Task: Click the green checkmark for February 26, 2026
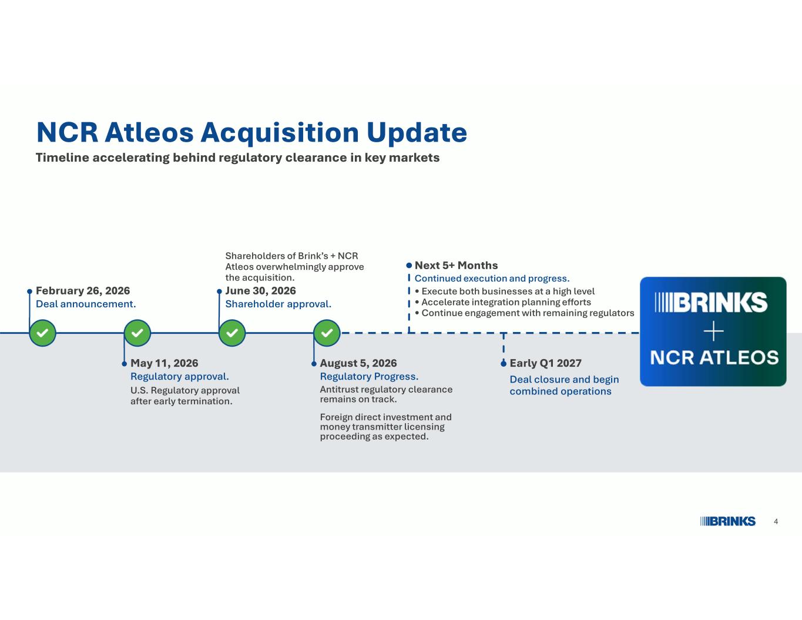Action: click(42, 333)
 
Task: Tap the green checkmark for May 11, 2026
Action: click(137, 333)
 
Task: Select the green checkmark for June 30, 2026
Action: click(232, 333)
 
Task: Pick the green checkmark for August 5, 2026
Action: click(327, 333)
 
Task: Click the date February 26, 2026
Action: click(83, 291)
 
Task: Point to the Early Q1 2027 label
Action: click(545, 363)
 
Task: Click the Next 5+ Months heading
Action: click(456, 266)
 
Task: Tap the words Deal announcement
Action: click(86, 304)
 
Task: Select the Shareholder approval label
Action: click(278, 304)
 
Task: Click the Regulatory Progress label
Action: click(369, 377)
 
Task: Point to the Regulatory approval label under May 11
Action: click(180, 377)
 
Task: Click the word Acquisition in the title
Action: click(280, 133)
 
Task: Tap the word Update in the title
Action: click(417, 133)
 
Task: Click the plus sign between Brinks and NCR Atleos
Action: click(714, 331)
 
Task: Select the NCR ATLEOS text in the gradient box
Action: click(714, 358)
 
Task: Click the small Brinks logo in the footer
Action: click(728, 521)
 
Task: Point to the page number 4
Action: click(776, 521)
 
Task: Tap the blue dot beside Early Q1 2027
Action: click(504, 364)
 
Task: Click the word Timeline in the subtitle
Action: click(62, 157)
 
